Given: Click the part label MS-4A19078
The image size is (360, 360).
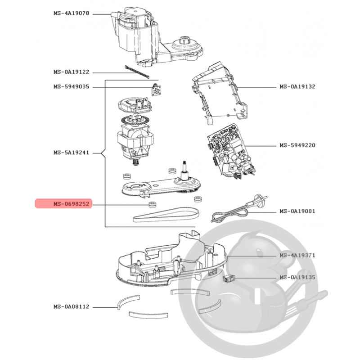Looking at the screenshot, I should (x=72, y=13).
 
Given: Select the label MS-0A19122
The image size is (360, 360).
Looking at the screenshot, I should (x=72, y=72).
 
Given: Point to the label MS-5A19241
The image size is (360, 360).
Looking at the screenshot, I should (x=72, y=153).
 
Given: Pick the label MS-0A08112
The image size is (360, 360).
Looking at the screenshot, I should (x=72, y=307).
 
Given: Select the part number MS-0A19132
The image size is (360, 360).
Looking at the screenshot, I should (x=297, y=86).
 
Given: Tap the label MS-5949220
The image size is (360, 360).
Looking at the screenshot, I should (x=297, y=145).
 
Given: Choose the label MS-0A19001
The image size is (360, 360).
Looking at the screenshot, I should (x=297, y=211).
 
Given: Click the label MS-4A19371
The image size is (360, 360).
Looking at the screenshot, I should (x=297, y=255).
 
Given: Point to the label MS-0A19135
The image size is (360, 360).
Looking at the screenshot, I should (x=297, y=277).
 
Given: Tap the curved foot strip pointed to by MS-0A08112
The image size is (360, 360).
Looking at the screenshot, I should (x=128, y=301).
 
